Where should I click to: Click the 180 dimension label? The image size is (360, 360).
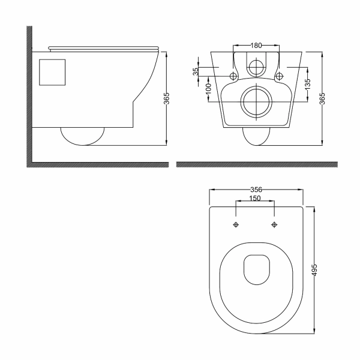pyautogui.click(x=256, y=46)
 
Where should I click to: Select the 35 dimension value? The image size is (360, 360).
pyautogui.click(x=196, y=71)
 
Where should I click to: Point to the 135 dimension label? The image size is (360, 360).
pyautogui.click(x=308, y=84)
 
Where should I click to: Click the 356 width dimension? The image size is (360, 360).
pyautogui.click(x=256, y=190)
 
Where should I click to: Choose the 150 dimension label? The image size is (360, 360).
pyautogui.click(x=255, y=198)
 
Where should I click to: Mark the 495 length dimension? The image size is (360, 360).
pyautogui.click(x=314, y=270)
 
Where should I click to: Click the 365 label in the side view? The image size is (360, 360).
pyautogui.click(x=167, y=98)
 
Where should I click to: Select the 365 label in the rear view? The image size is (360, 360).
pyautogui.click(x=322, y=98)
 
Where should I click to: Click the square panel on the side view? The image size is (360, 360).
pyautogui.click(x=52, y=73)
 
